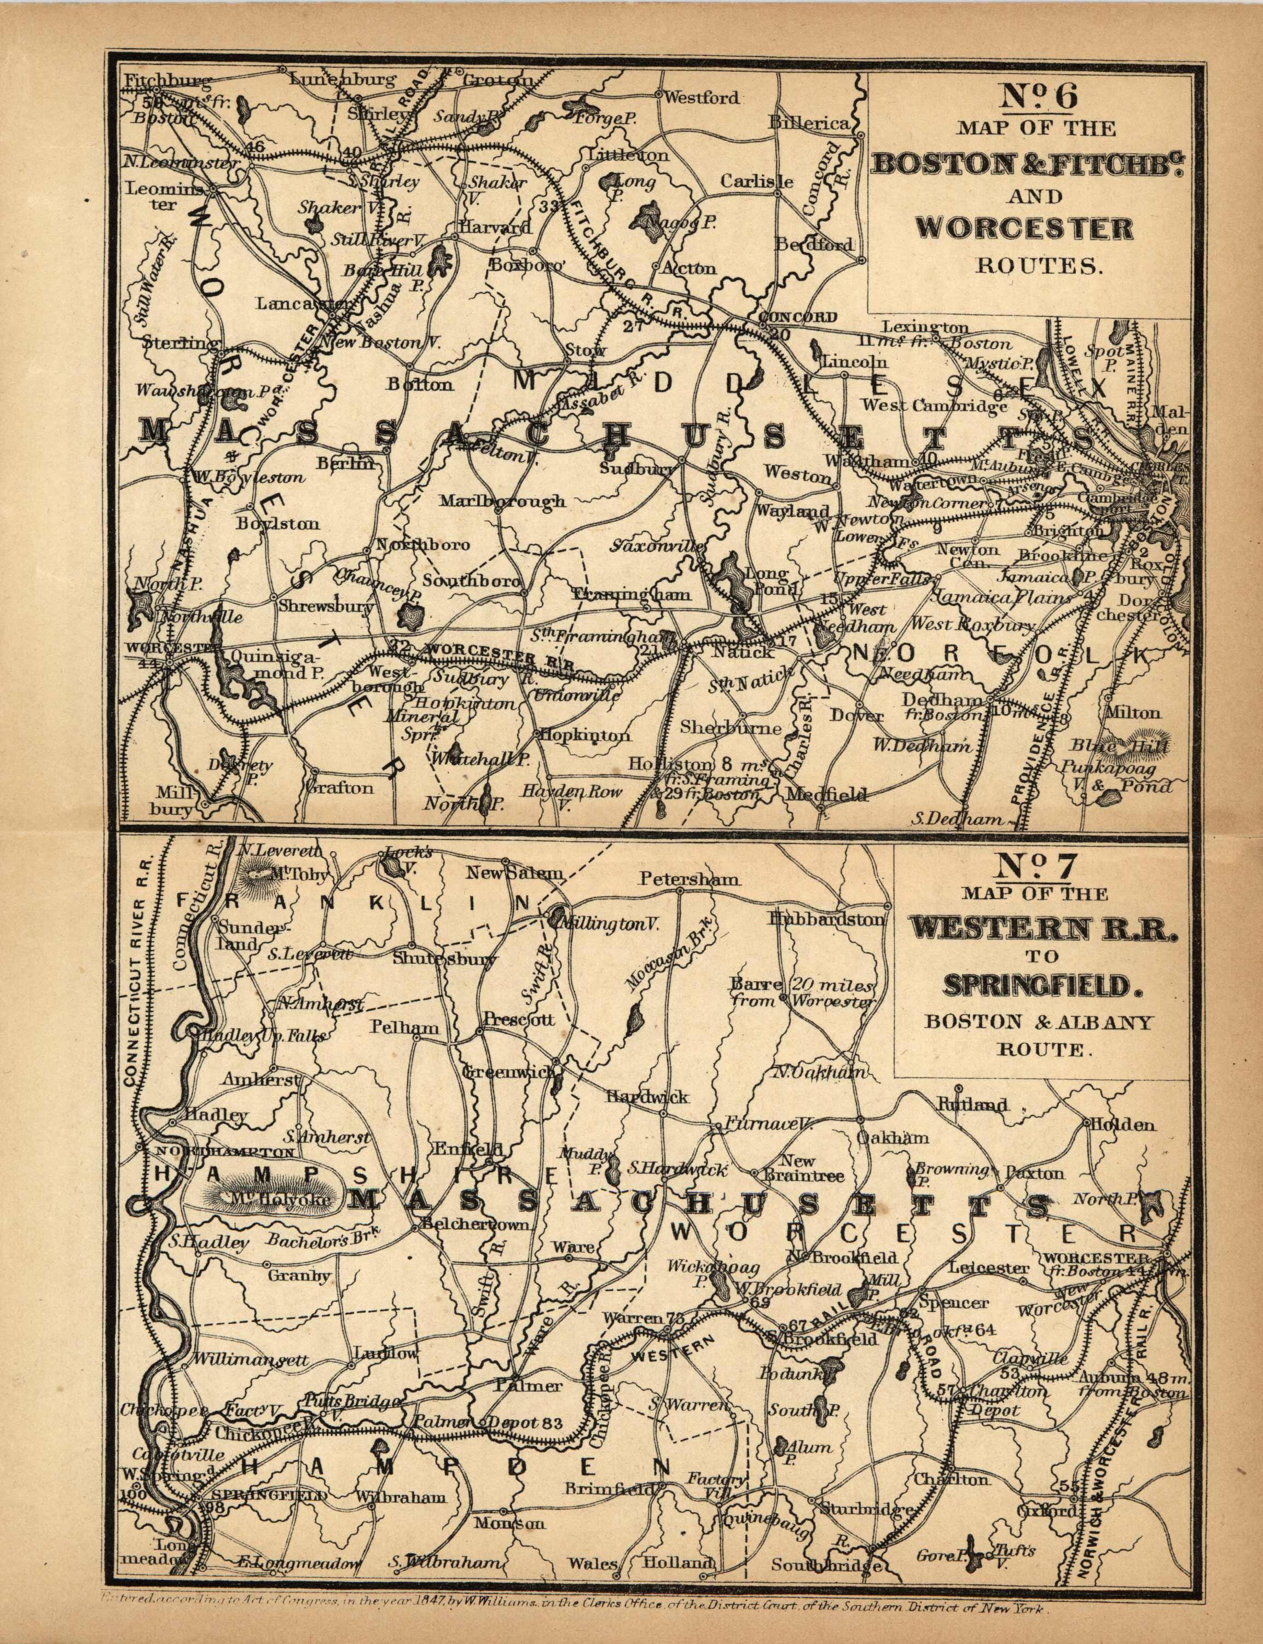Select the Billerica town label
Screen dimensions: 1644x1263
[x=808, y=123]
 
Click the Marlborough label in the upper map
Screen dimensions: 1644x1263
[x=502, y=500]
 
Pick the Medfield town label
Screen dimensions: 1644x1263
[x=827, y=794]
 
